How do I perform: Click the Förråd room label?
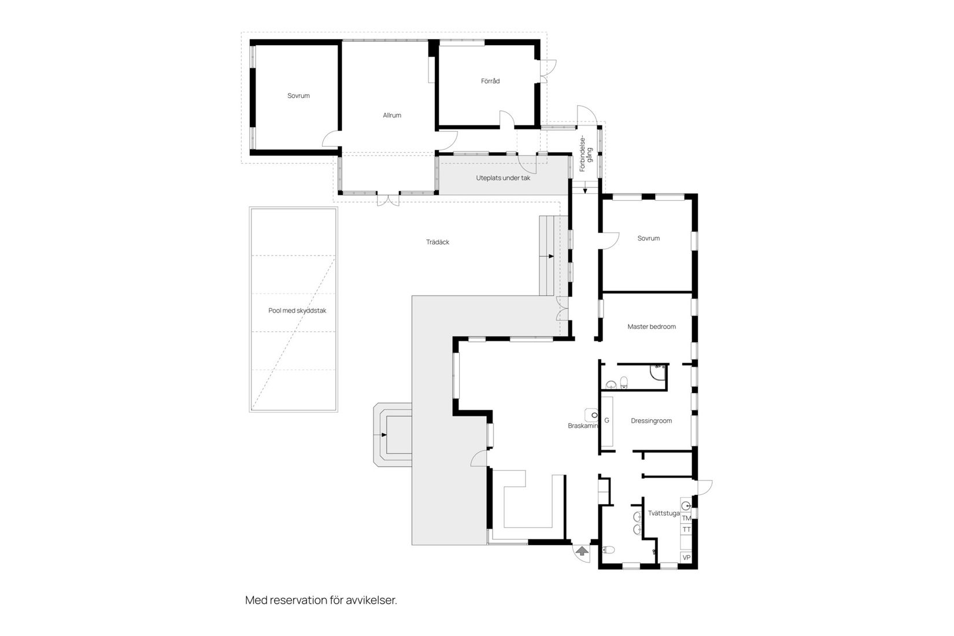490,81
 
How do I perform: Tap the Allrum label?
391,115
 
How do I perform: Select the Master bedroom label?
652,327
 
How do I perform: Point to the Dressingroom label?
651,421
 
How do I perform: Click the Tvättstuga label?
663,513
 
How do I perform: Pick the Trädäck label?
437,242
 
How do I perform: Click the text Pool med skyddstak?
297,310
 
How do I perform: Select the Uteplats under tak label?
503,178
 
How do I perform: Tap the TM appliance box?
686,518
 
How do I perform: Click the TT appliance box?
686,530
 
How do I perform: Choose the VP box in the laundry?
686,558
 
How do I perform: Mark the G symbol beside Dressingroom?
607,420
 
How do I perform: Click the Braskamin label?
582,426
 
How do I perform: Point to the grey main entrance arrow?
582,551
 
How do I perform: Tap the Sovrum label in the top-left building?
298,96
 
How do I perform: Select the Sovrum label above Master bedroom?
648,238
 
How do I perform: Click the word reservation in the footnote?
297,600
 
